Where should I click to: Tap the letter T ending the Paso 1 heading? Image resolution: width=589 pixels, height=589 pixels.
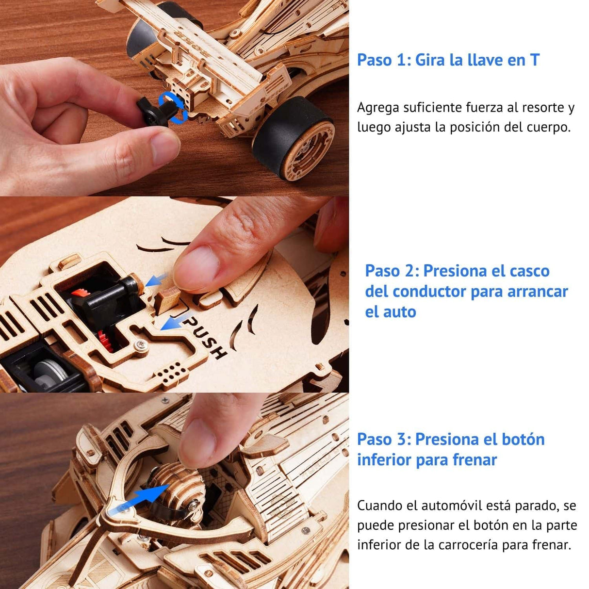click(x=534, y=60)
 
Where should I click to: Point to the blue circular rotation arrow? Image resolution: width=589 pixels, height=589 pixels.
click(x=173, y=107)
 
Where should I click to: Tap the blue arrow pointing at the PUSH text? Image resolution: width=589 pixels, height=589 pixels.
click(x=172, y=322)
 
